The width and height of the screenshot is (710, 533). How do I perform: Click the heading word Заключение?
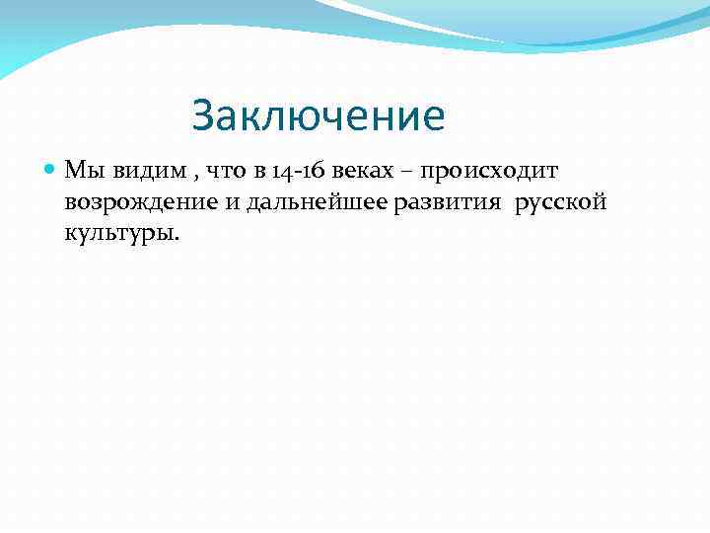point(319,116)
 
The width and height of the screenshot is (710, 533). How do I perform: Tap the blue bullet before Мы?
point(52,170)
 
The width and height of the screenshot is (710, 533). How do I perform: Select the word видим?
point(138,171)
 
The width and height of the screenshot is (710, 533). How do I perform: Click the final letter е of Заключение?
point(435,119)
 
